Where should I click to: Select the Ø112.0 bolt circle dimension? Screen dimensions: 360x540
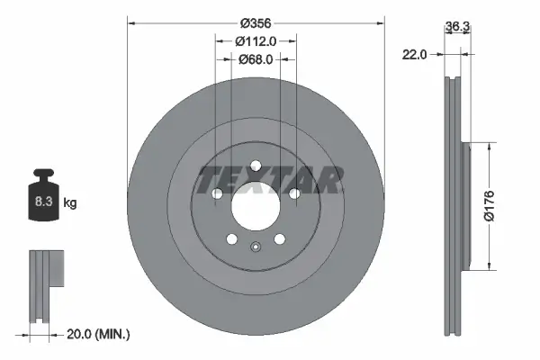256,40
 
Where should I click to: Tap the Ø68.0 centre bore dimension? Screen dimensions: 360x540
256,59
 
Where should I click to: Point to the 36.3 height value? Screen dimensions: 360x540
458,27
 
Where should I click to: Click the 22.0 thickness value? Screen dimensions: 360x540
415,55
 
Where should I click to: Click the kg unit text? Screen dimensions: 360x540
70,203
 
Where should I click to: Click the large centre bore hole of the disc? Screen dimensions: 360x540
256,206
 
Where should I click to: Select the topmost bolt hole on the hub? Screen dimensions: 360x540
256,166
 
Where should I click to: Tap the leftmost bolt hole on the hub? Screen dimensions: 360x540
217,193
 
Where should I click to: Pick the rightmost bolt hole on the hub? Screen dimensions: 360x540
294,193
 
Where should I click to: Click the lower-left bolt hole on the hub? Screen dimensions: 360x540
231,238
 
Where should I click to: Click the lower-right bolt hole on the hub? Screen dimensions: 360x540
280,238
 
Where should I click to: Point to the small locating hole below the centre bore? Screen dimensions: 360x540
256,251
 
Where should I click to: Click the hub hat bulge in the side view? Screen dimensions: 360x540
465,204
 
